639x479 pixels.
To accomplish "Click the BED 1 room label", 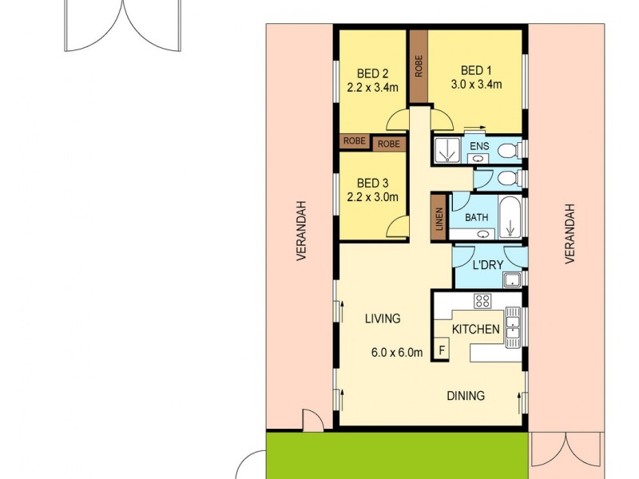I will (476, 69).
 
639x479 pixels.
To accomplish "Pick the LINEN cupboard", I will (439, 216).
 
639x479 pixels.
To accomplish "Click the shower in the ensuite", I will (447, 149).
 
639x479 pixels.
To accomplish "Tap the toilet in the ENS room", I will (512, 149).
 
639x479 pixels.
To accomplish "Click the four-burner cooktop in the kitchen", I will (482, 301).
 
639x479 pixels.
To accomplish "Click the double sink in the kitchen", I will (513, 327).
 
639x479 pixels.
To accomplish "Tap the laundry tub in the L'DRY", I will (512, 279).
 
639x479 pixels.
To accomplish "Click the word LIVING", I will (382, 319).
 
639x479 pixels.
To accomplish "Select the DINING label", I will (465, 396).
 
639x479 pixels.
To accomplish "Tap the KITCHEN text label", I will (476, 329).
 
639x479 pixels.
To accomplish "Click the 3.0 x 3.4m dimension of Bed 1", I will (476, 85).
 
